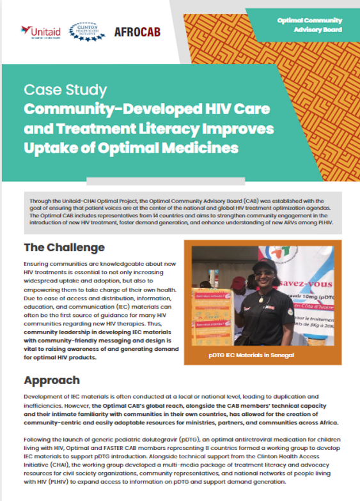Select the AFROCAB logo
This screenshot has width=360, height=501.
(x=137, y=31)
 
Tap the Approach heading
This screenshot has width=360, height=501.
(x=52, y=381)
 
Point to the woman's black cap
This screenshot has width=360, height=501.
(x=263, y=265)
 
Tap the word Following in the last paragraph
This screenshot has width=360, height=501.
(x=40, y=440)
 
